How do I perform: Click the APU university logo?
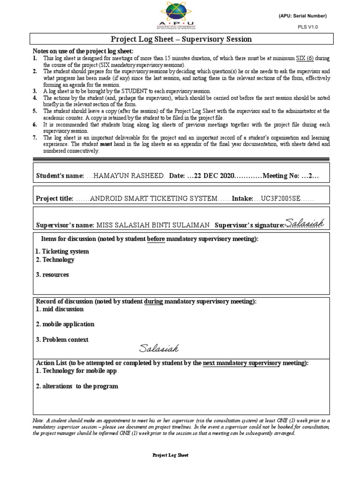(180, 15)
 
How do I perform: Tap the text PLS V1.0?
(307, 27)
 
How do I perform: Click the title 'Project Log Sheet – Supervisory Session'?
(181, 39)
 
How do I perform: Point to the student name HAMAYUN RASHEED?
(129, 175)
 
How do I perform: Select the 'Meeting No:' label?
(280, 175)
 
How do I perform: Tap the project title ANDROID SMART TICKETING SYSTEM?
(153, 199)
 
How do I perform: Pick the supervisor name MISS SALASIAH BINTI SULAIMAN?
(153, 225)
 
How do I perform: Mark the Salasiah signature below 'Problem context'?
(158, 348)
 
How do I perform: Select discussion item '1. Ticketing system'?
(62, 252)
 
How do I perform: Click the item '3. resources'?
(52, 275)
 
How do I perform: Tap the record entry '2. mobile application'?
(65, 324)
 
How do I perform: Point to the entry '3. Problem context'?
(62, 339)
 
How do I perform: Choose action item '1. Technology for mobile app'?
(76, 371)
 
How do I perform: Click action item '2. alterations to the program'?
(77, 386)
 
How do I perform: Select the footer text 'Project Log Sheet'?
(171, 455)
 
